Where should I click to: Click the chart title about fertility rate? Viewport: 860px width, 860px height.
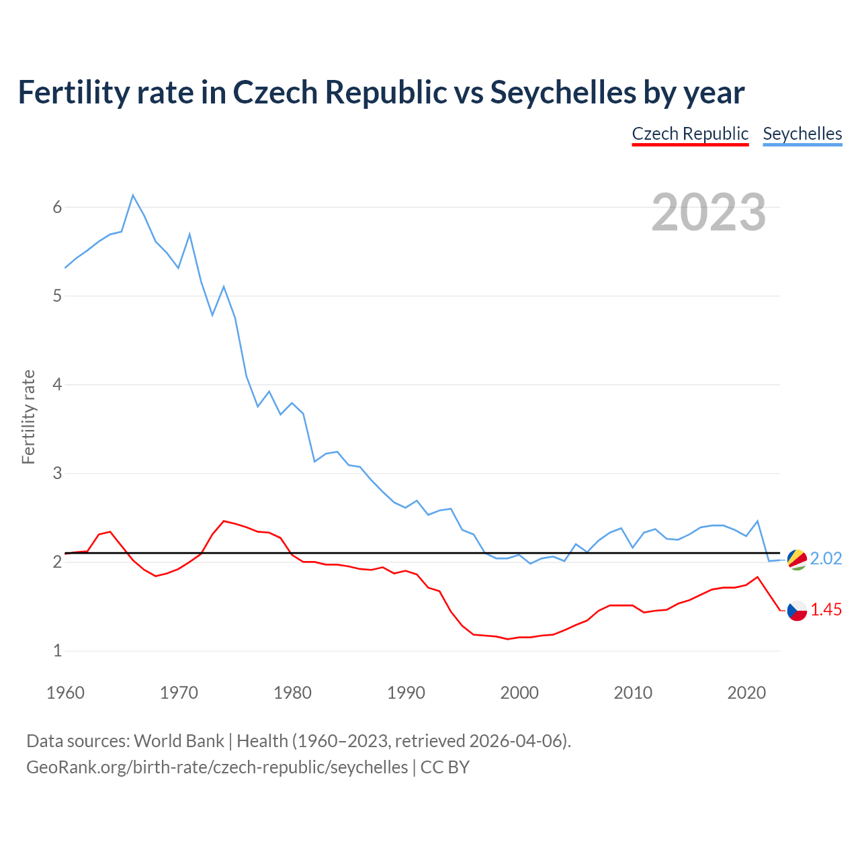pos(381,92)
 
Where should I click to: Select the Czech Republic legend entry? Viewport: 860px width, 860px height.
pos(690,134)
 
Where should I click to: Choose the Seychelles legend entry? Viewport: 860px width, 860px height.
pos(802,134)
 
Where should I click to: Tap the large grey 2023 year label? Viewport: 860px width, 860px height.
pos(709,212)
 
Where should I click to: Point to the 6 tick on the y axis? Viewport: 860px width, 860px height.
pos(57,207)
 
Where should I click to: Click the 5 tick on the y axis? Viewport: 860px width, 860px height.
pos(57,296)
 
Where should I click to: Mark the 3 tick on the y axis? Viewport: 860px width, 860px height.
pos(57,474)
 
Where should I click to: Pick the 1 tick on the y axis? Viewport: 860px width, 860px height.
pos(57,651)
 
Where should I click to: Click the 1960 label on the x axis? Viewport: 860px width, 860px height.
pos(65,693)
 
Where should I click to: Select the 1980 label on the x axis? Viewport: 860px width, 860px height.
pos(292,693)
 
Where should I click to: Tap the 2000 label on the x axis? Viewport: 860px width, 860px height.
pos(519,693)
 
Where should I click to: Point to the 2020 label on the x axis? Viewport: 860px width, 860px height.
pos(746,693)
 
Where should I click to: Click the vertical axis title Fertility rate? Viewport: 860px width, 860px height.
pos(28,417)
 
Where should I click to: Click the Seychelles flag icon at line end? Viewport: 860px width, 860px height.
pos(797,559)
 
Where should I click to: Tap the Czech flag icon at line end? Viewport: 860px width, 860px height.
pos(797,610)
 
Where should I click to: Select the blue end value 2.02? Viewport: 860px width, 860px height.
pos(826,559)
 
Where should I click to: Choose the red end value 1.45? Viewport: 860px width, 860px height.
pos(826,610)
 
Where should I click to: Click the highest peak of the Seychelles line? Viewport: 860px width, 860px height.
pos(133,196)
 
